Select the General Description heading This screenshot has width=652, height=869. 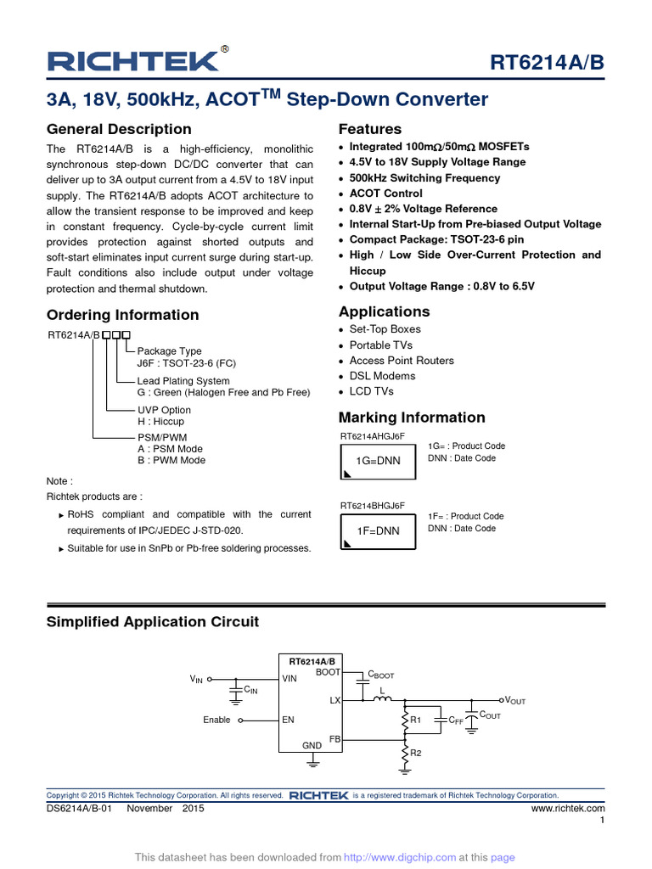(119, 129)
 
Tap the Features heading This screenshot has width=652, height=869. (370, 129)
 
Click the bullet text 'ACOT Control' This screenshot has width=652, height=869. (385, 193)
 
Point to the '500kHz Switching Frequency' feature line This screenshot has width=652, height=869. (424, 178)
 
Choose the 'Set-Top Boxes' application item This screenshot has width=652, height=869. (385, 329)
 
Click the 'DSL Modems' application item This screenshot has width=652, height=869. (382, 376)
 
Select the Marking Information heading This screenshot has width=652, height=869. (412, 418)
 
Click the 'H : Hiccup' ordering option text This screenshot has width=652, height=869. (160, 422)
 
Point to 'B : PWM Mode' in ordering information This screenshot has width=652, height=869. (171, 461)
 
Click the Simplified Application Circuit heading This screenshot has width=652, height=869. (153, 622)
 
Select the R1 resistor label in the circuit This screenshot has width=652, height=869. (416, 720)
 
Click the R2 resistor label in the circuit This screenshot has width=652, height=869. (416, 753)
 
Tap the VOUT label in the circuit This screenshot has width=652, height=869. (515, 701)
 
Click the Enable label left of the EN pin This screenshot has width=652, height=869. (216, 720)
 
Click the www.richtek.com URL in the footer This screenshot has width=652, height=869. (568, 809)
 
